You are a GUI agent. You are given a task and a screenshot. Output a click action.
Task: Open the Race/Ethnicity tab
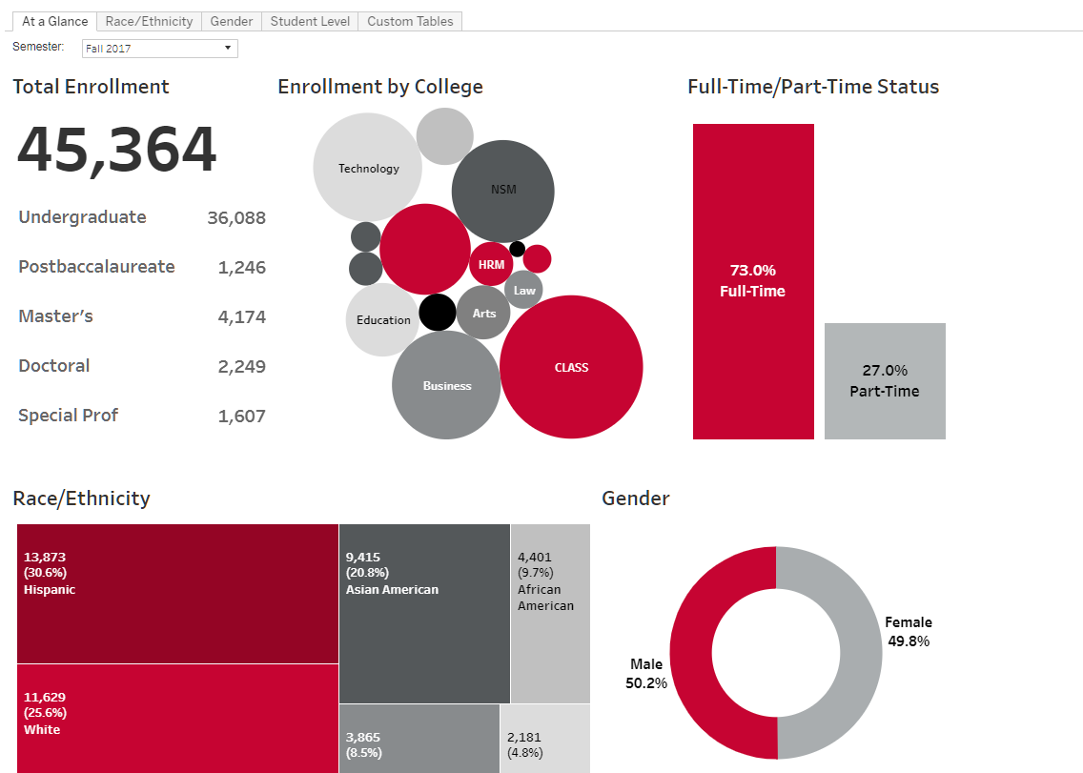pyautogui.click(x=149, y=21)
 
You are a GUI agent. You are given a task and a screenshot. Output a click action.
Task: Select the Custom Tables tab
pyautogui.click(x=410, y=21)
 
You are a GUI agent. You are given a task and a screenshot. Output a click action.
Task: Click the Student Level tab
pyautogui.click(x=310, y=21)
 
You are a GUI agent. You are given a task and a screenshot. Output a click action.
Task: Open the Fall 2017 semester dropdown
pyautogui.click(x=159, y=49)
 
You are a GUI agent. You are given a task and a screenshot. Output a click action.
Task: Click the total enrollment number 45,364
pyautogui.click(x=117, y=151)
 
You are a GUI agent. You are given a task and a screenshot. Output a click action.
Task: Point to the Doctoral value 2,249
pyautogui.click(x=241, y=366)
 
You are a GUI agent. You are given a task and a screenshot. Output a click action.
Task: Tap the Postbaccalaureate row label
pyautogui.click(x=96, y=267)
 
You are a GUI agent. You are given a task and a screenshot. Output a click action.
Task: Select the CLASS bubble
pyautogui.click(x=571, y=367)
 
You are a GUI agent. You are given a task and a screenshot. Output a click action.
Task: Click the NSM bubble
pyautogui.click(x=502, y=190)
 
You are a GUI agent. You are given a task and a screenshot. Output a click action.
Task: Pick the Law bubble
pyautogui.click(x=524, y=290)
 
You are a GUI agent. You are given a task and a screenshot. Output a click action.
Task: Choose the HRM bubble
pyautogui.click(x=491, y=264)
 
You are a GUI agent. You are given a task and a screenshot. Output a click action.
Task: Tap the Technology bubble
pyautogui.click(x=368, y=168)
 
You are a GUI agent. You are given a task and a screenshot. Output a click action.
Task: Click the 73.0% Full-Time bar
pyautogui.click(x=753, y=281)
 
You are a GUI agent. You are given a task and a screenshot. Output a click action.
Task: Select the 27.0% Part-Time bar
pyautogui.click(x=885, y=381)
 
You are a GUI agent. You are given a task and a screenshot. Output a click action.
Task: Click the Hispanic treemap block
pyautogui.click(x=177, y=593)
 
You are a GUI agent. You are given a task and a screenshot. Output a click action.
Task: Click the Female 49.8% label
pyautogui.click(x=908, y=632)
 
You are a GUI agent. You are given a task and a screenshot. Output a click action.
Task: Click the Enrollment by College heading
pyautogui.click(x=380, y=87)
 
